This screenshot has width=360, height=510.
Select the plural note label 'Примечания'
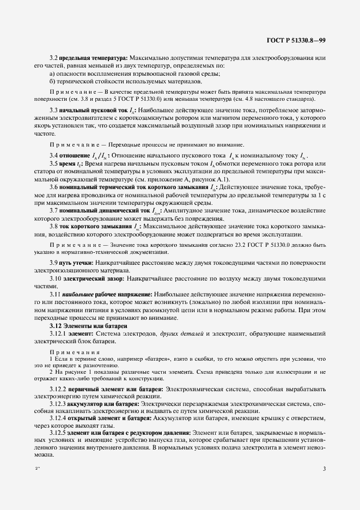(x=67, y=351)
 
